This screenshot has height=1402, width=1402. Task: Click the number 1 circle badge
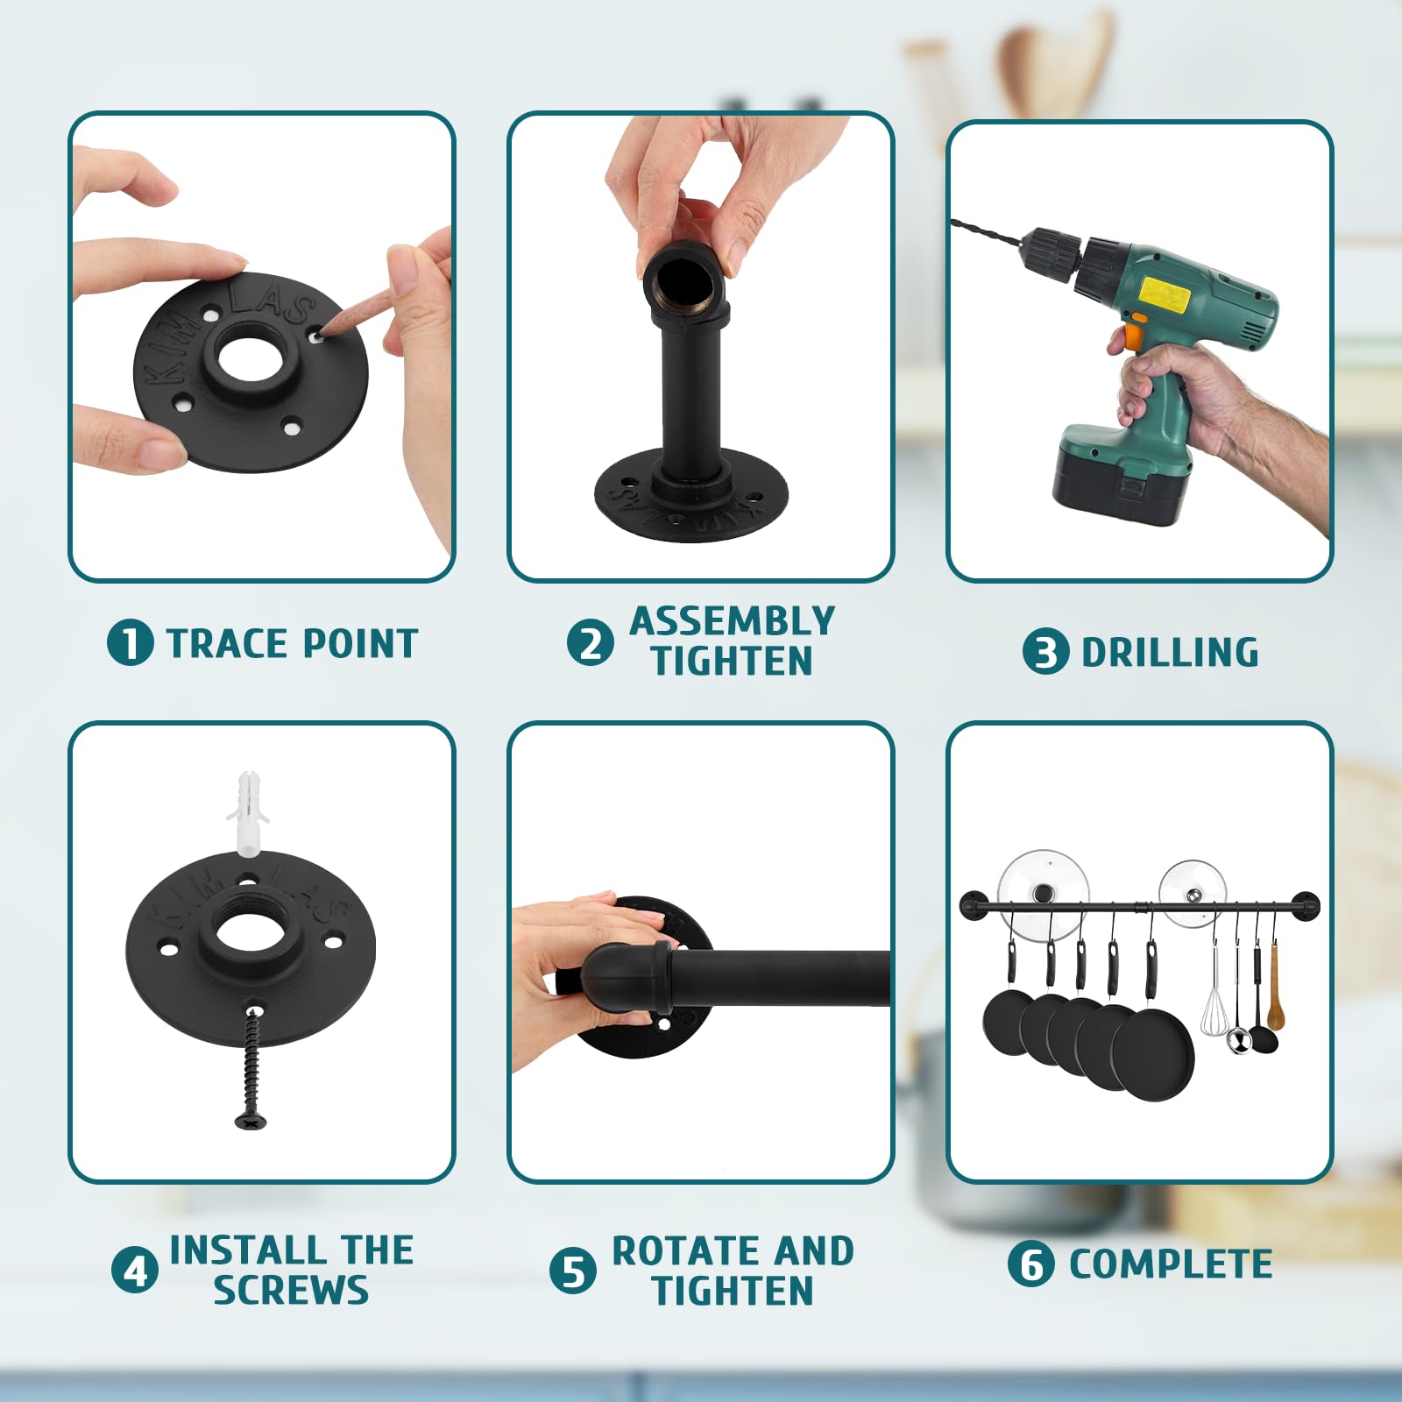(x=130, y=642)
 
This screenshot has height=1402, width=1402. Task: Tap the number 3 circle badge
(x=1045, y=652)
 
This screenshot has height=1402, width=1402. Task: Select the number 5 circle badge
(x=573, y=1271)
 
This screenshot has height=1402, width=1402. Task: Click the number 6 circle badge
(x=1030, y=1264)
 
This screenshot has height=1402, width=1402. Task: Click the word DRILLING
(x=1171, y=653)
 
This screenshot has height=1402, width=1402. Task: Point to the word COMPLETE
(x=1171, y=1264)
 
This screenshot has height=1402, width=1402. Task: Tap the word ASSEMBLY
(x=733, y=621)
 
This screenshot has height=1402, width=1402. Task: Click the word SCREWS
(x=291, y=1290)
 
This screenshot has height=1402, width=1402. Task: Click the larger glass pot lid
(x=1044, y=892)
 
